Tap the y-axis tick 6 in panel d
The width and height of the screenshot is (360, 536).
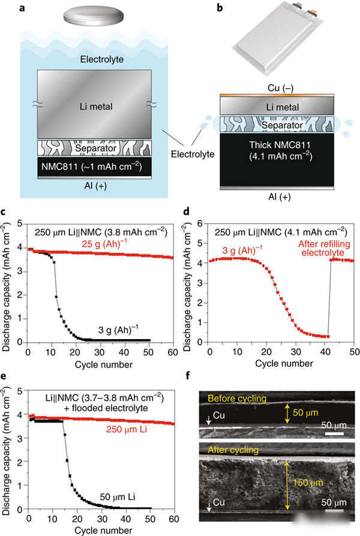click(x=203, y=222)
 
